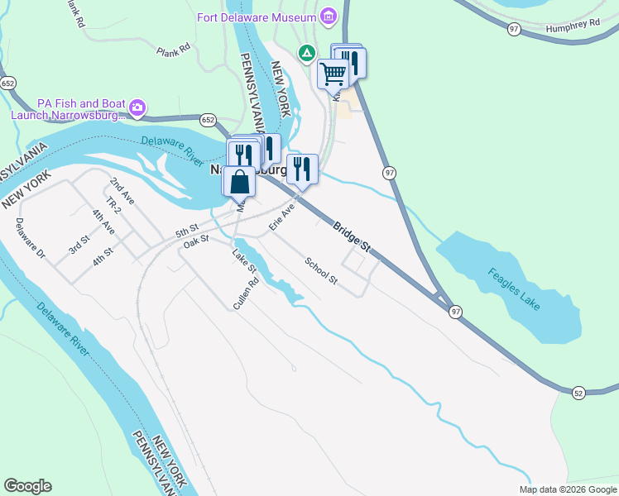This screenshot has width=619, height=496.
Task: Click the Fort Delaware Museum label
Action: [257, 17]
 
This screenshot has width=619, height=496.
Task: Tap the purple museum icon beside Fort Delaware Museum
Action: [329, 17]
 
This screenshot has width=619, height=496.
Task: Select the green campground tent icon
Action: [307, 54]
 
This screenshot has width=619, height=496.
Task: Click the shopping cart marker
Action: [333, 73]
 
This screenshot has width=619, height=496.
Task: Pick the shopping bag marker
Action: [239, 180]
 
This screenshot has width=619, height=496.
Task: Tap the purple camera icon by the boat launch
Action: [138, 107]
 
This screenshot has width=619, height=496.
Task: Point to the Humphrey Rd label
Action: [573, 27]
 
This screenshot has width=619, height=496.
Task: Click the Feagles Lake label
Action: [513, 289]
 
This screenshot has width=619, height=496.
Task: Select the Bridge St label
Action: [353, 238]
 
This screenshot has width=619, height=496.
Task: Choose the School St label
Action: [321, 270]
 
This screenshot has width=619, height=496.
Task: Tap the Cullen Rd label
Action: [246, 293]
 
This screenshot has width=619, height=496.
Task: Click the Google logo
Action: [27, 486]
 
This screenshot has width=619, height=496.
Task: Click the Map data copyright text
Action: [567, 489]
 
